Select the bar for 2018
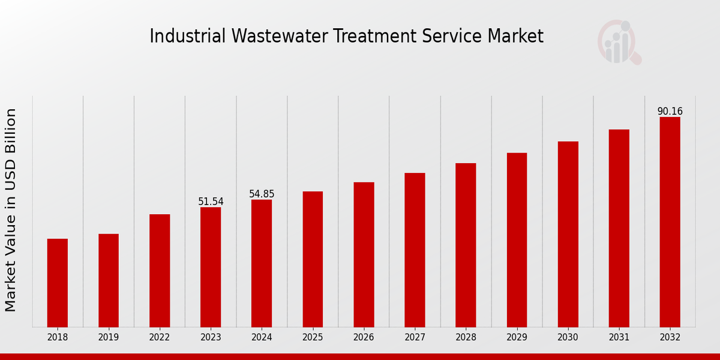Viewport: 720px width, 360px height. pyautogui.click(x=58, y=283)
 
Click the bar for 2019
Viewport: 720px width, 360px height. pyautogui.click(x=109, y=280)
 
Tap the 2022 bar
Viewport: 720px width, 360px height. pyautogui.click(x=160, y=271)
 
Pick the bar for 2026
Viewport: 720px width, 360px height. pyautogui.click(x=364, y=254)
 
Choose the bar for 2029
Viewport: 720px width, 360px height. pyautogui.click(x=517, y=240)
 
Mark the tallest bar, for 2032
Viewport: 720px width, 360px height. pyautogui.click(x=670, y=222)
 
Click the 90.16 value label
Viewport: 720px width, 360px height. pyautogui.click(x=670, y=112)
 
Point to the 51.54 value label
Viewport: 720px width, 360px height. pyautogui.click(x=211, y=202)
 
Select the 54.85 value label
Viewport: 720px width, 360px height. pyautogui.click(x=262, y=194)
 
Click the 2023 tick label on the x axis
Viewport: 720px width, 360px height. pyautogui.click(x=211, y=337)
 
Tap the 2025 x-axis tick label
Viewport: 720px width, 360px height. pyautogui.click(x=313, y=337)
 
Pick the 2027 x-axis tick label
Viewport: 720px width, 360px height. pyautogui.click(x=415, y=337)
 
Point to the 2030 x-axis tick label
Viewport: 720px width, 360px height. pyautogui.click(x=568, y=337)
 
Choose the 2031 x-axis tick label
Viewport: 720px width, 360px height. pyautogui.click(x=619, y=337)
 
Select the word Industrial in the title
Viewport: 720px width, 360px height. pyautogui.click(x=187, y=37)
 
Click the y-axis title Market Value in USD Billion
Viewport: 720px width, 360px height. pyautogui.click(x=11, y=210)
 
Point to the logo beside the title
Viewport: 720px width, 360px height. pyautogui.click(x=619, y=42)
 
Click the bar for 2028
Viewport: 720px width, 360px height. pyautogui.click(x=466, y=245)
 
